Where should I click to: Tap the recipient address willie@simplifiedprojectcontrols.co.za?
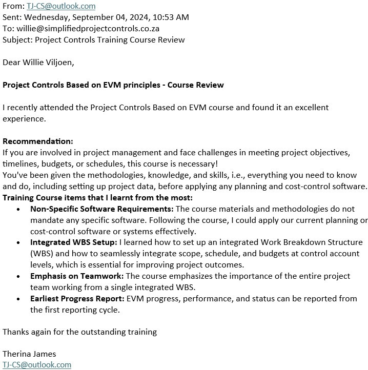[x=88, y=28]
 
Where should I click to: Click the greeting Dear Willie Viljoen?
[x=38, y=63]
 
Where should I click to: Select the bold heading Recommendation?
[x=38, y=141]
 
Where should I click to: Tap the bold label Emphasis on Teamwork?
[x=77, y=276]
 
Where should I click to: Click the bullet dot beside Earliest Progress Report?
[x=18, y=299]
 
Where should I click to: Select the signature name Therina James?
[x=29, y=354]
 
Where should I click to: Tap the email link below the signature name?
[x=37, y=365]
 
